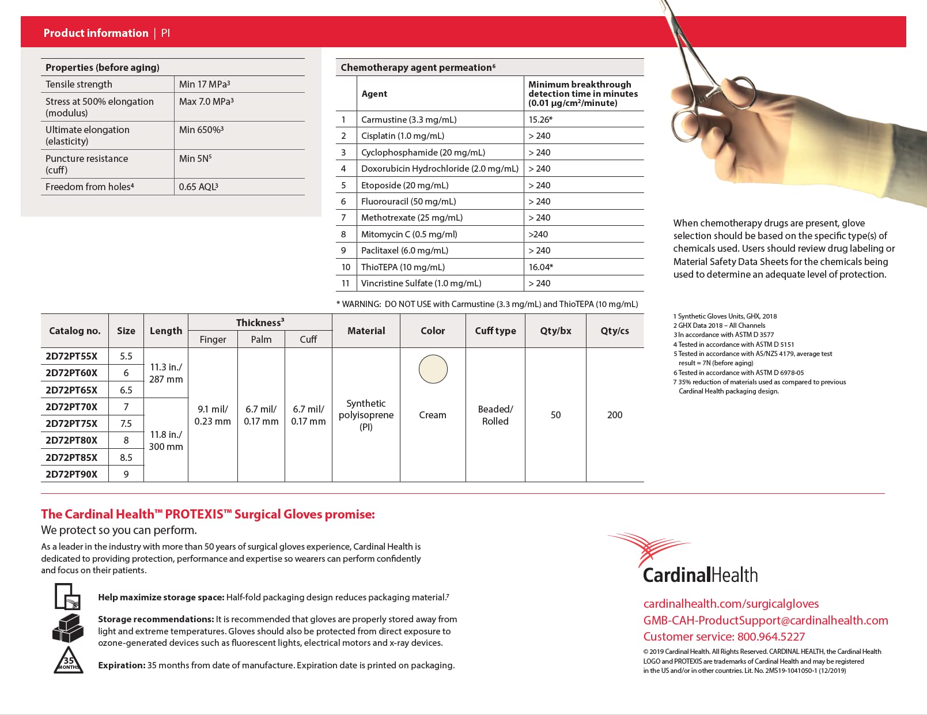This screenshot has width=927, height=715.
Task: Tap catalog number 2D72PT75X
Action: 71,423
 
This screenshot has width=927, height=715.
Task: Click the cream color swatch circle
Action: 433,369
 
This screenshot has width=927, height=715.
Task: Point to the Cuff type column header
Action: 495,331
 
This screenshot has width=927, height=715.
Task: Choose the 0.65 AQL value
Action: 198,187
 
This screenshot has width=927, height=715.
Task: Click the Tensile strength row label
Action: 79,84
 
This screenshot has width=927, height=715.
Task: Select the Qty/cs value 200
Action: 614,415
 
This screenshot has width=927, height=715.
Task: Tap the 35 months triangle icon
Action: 69,661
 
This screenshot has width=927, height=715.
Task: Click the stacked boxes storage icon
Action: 68,629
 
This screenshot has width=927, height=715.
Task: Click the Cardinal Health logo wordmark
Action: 699,574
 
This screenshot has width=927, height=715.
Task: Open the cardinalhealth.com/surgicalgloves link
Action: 731,604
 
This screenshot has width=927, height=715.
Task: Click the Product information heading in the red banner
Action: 96,33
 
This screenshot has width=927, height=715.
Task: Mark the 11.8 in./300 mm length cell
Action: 166,440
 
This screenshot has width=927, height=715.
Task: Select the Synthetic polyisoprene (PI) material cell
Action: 366,415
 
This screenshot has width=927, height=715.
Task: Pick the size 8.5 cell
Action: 126,457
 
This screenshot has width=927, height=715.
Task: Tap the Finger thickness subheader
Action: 213,339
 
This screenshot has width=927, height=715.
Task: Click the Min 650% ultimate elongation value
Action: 200,130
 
